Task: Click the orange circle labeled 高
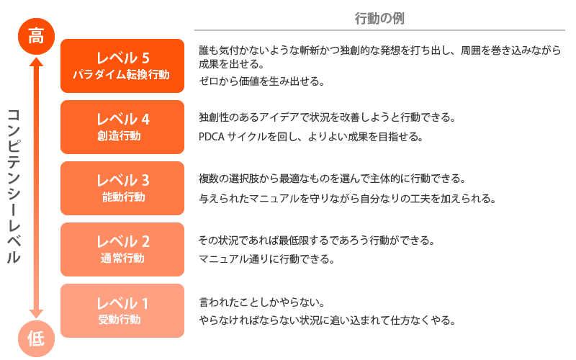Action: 37,37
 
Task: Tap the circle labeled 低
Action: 37,338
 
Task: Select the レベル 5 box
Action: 122,66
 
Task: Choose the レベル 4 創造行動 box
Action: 122,127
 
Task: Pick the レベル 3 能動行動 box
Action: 122,188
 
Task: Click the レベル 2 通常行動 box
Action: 122,249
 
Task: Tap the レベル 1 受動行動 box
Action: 122,311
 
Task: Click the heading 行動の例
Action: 379,18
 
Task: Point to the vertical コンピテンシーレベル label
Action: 14,186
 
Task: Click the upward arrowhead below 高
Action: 37,62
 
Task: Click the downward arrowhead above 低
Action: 37,314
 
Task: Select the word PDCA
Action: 211,137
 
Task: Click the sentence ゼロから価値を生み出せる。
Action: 261,81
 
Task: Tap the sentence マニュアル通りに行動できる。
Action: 266,259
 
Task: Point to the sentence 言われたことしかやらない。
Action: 261,302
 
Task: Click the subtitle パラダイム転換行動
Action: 121,75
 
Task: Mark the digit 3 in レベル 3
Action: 145,181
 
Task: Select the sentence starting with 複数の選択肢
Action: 332,179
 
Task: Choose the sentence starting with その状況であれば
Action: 317,240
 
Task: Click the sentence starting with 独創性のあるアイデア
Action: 327,117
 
